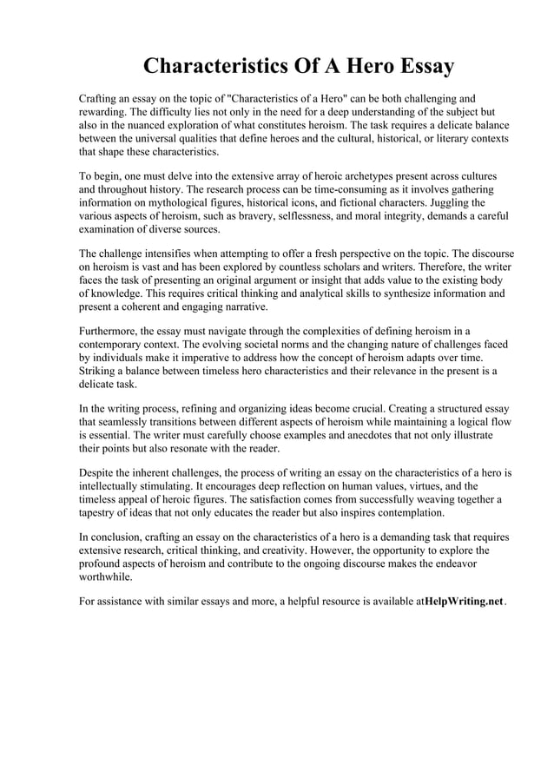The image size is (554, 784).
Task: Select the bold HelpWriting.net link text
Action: point(463,600)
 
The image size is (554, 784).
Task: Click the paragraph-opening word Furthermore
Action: point(111,331)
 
